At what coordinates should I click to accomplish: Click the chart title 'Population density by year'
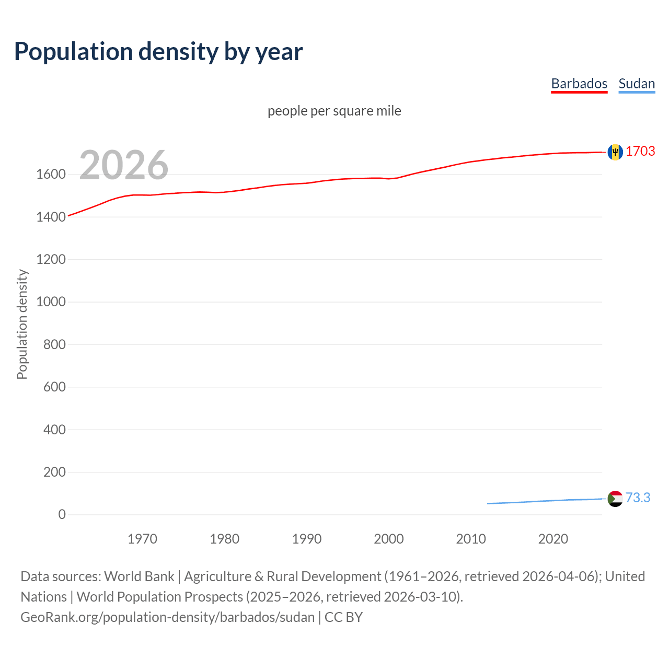[x=158, y=52]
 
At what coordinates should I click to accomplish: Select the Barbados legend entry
[x=579, y=84]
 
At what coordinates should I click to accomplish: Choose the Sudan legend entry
[x=636, y=84]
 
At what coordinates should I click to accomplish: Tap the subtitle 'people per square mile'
[x=334, y=111]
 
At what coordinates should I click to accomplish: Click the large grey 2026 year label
[x=124, y=165]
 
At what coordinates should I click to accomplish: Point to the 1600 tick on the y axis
[x=51, y=175]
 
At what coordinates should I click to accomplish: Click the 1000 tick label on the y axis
[x=51, y=302]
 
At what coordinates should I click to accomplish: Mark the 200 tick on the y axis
[x=54, y=472]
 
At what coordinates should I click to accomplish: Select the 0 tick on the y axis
[x=62, y=515]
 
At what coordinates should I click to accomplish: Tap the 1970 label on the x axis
[x=142, y=539]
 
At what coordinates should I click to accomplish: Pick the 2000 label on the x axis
[x=388, y=539]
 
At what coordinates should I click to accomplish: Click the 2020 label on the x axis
[x=553, y=539]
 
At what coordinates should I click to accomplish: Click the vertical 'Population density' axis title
[x=22, y=324]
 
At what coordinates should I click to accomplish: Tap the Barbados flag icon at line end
[x=615, y=152]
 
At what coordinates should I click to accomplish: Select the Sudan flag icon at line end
[x=615, y=499]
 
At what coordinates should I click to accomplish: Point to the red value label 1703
[x=640, y=151]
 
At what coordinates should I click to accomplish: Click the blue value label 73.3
[x=638, y=498]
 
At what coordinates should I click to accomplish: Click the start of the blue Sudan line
[x=488, y=503]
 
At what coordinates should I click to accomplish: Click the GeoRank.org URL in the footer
[x=167, y=617]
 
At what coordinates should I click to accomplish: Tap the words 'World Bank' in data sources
[x=139, y=576]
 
